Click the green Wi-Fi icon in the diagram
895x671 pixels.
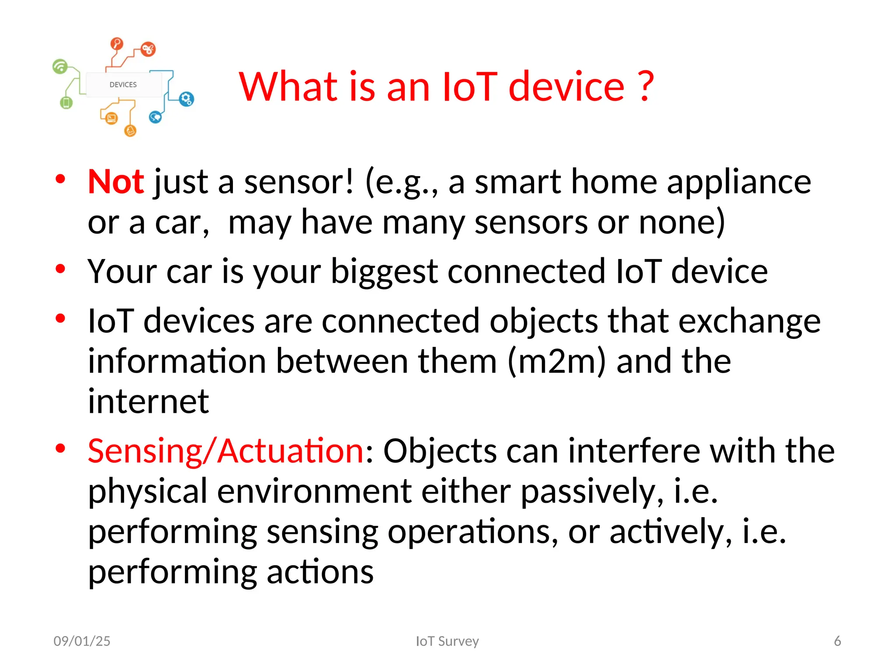(60, 66)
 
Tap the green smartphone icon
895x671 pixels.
(66, 103)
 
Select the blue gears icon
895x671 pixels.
(187, 99)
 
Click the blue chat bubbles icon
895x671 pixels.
(155, 117)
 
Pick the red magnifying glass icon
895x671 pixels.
(117, 43)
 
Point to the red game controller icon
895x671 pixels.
(148, 49)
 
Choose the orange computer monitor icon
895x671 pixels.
(111, 118)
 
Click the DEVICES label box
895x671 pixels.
(123, 84)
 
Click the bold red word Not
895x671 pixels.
(115, 182)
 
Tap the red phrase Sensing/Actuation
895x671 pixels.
(225, 451)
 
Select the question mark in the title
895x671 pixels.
(645, 86)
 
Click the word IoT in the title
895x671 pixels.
(470, 86)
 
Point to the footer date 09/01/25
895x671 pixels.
(82, 641)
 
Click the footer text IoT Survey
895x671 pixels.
(447, 641)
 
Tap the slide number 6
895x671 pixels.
(837, 641)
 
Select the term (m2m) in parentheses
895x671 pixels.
(557, 362)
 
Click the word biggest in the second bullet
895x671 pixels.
(384, 272)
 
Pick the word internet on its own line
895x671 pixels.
(148, 401)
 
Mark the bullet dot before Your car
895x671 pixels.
(60, 269)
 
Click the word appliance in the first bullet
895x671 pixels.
(739, 182)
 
